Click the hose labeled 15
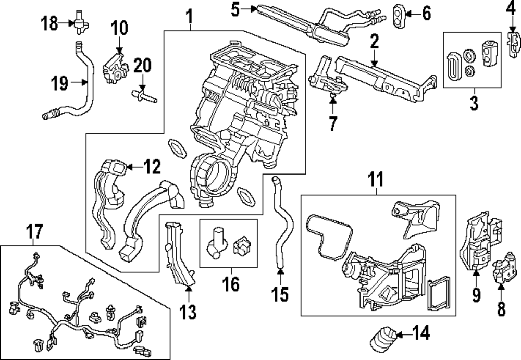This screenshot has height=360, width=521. pos(279,224)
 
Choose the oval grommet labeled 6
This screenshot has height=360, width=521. pos(399,13)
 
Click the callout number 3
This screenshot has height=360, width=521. pos(474,103)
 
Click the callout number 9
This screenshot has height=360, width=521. pos(476,296)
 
